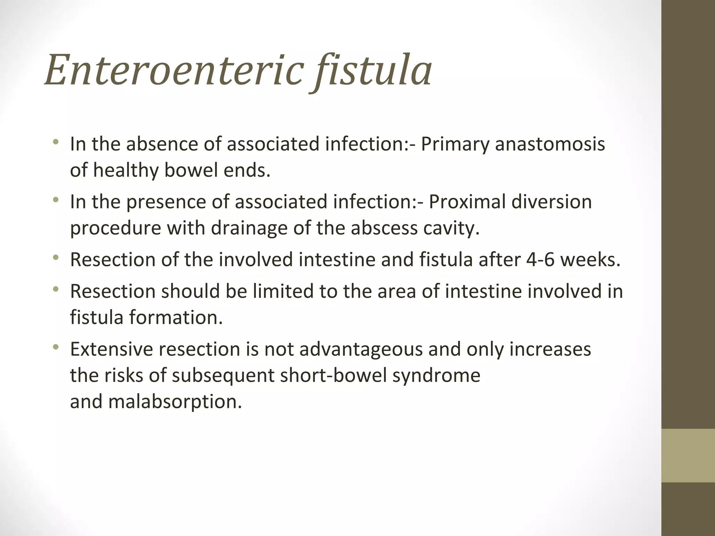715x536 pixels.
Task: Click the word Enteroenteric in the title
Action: tap(173, 70)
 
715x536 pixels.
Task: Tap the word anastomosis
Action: tap(550, 144)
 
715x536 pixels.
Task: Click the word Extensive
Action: tap(111, 349)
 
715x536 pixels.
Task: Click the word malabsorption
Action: tap(175, 402)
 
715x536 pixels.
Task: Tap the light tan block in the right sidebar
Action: tap(688, 455)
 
